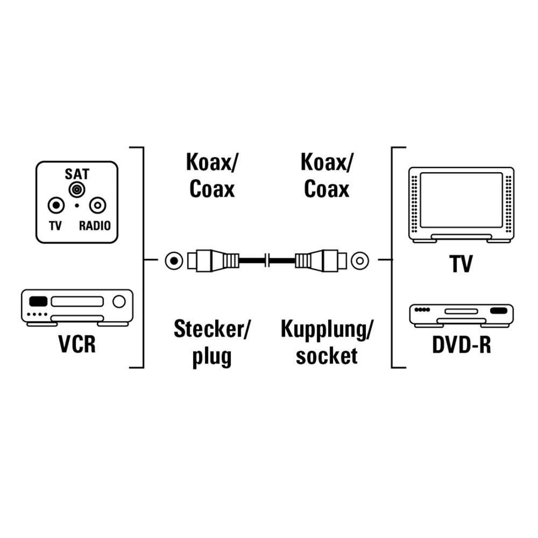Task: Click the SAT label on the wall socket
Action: pos(77,174)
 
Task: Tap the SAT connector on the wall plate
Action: pos(77,189)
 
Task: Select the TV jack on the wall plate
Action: pos(55,206)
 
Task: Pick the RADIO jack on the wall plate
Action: pos(97,206)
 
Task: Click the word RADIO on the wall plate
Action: pos(95,225)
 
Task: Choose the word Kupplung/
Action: pos(327,329)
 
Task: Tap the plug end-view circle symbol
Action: pos(173,261)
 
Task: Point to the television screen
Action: pos(461,200)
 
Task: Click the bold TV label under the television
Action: pos(461,264)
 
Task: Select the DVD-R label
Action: pos(461,345)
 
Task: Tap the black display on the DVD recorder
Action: pos(499,310)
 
